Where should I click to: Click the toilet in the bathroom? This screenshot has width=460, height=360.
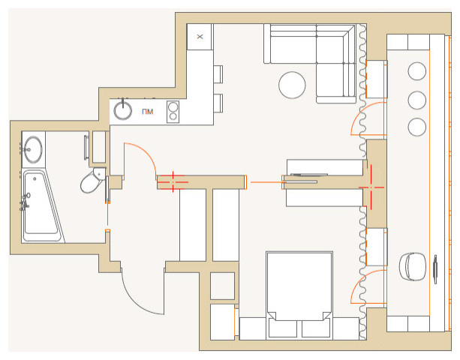pyautogui.click(x=92, y=180)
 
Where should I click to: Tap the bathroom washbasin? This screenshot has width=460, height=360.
pyautogui.click(x=32, y=149)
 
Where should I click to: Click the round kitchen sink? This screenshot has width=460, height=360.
pyautogui.click(x=122, y=110)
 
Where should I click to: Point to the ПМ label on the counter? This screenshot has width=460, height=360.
pyautogui.click(x=147, y=112)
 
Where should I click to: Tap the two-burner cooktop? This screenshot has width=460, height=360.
pyautogui.click(x=173, y=112)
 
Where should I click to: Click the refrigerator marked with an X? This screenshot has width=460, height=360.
pyautogui.click(x=200, y=37)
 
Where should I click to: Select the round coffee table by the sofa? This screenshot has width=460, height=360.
pyautogui.click(x=292, y=85)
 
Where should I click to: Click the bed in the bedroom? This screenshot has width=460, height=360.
pyautogui.click(x=299, y=295)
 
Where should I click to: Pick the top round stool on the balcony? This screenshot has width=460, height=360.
pyautogui.click(x=417, y=71)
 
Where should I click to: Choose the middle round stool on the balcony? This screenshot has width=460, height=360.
pyautogui.click(x=417, y=100)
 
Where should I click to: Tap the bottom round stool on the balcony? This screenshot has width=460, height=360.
pyautogui.click(x=417, y=127)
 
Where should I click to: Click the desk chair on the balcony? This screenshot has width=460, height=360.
pyautogui.click(x=413, y=266)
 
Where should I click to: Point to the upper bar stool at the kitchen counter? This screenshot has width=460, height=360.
pyautogui.click(x=218, y=74)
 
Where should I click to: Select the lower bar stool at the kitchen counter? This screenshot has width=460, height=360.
pyautogui.click(x=218, y=103)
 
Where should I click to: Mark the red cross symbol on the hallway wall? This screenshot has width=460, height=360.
pyautogui.click(x=173, y=182)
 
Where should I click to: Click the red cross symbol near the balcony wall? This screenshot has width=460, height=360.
pyautogui.click(x=371, y=187)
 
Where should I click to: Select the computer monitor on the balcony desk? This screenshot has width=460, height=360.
pyautogui.click(x=435, y=269)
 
